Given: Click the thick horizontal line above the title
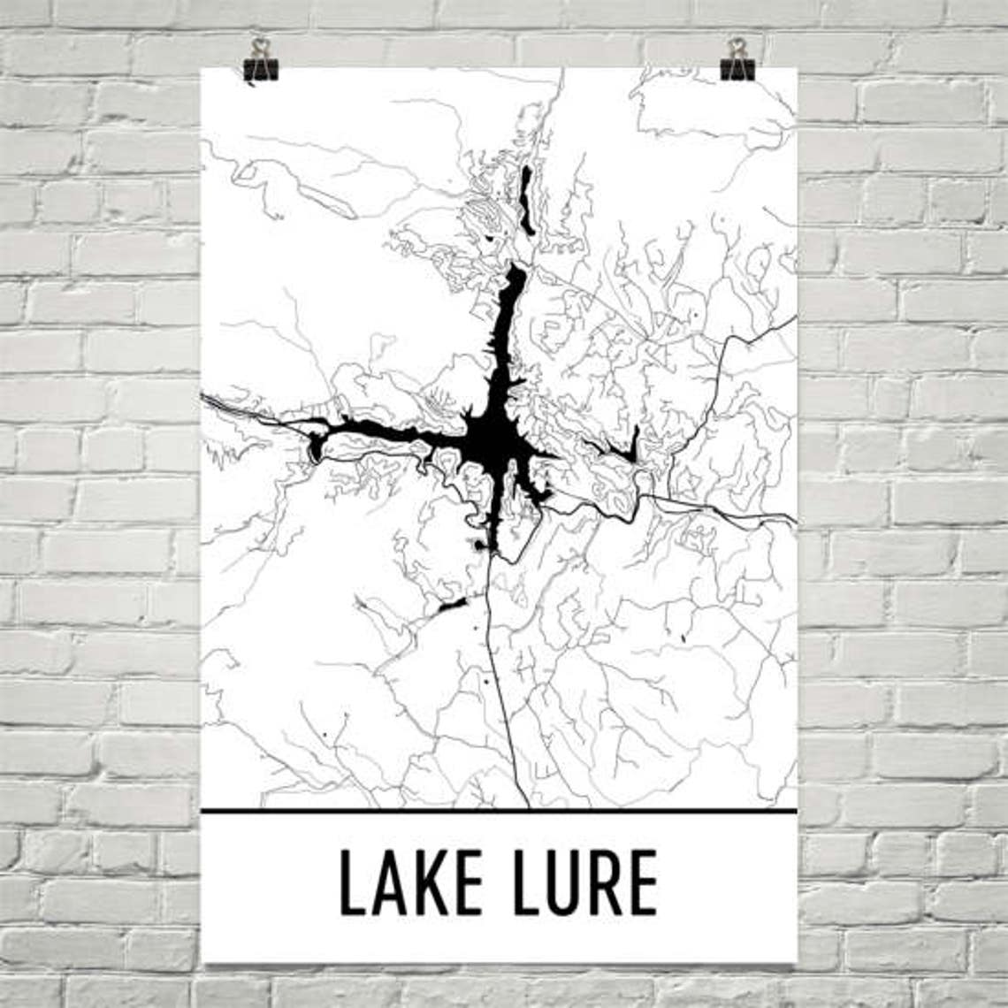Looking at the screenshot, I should (x=499, y=809).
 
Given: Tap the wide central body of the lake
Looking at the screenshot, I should (x=488, y=439).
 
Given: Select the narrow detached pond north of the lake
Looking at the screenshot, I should (x=526, y=198).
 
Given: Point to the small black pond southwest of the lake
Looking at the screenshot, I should (x=451, y=607).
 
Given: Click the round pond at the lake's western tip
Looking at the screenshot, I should (x=315, y=448).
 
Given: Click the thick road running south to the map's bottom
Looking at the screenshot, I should (x=504, y=699).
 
